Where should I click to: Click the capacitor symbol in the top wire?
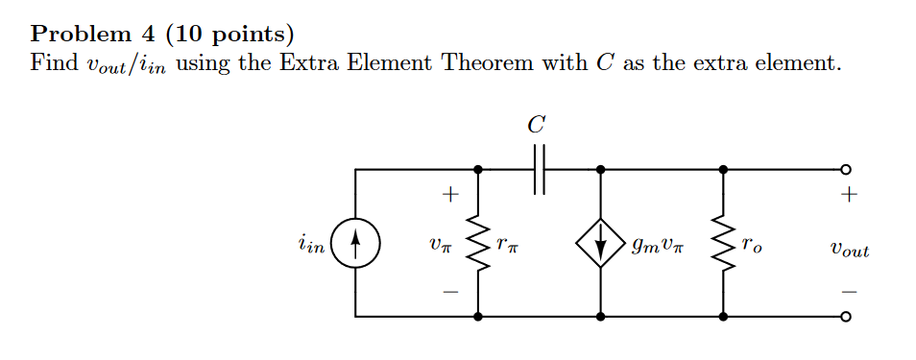[539, 169]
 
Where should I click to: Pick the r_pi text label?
[506, 246]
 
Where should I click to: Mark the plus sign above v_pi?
[446, 196]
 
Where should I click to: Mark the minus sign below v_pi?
[446, 291]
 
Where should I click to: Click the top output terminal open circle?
[845, 170]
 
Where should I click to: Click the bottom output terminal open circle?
[845, 316]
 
